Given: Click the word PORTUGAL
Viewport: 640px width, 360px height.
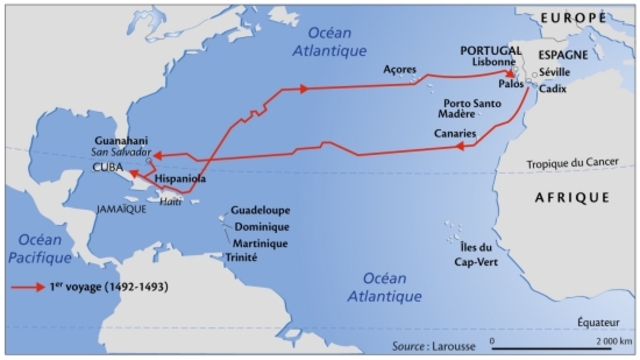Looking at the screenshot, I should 490,49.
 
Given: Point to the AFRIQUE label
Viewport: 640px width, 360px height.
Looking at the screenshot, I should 572,197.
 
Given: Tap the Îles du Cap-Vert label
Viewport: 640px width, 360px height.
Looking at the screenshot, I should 470,254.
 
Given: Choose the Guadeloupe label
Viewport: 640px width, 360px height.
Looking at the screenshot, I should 259,212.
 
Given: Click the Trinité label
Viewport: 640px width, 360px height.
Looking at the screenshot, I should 244,257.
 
